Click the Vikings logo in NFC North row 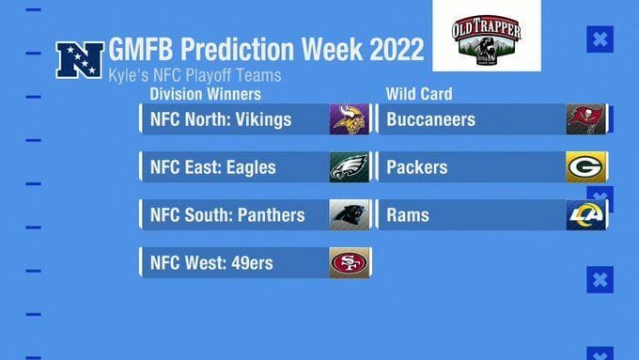(349, 119)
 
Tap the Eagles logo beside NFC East (349, 167)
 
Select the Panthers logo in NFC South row (349, 215)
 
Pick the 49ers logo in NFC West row (349, 262)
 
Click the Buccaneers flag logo (585, 119)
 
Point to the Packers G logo (585, 167)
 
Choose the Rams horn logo (585, 215)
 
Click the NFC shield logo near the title (80, 59)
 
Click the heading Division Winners (205, 94)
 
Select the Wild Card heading (419, 94)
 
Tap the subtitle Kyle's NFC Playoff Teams (195, 74)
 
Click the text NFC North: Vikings (221, 119)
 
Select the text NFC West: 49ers (211, 263)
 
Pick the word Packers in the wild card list (416, 167)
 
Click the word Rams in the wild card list (407, 215)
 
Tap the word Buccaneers (430, 119)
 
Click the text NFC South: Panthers (227, 215)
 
